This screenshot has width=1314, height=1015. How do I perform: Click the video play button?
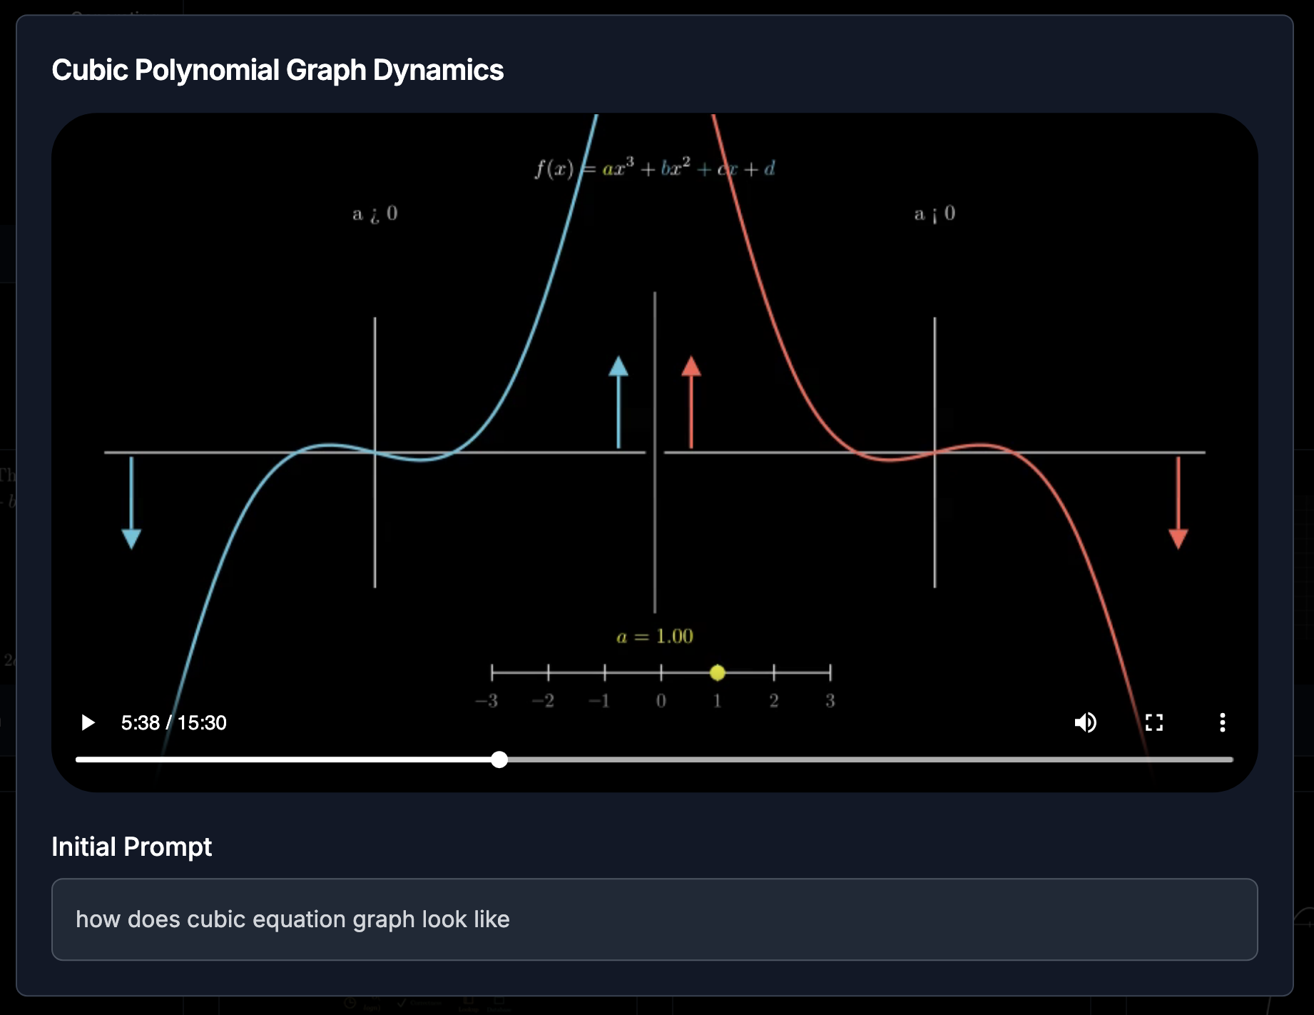(x=88, y=722)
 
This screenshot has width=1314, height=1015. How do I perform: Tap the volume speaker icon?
(x=1085, y=722)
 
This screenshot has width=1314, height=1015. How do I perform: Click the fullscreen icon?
(x=1153, y=722)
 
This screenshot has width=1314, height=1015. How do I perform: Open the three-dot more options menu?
(x=1222, y=722)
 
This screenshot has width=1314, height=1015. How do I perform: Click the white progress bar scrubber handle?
(x=499, y=759)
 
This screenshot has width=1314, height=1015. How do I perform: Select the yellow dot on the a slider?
(x=718, y=672)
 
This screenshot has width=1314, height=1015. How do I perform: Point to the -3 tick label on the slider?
(x=487, y=701)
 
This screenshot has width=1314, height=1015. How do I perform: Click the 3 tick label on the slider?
(x=830, y=701)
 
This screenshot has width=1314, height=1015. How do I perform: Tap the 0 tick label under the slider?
(x=661, y=701)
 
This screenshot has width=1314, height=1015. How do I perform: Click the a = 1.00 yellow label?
(x=655, y=636)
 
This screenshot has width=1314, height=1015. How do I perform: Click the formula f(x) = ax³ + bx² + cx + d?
(x=655, y=169)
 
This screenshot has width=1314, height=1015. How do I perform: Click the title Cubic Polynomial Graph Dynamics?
(x=277, y=70)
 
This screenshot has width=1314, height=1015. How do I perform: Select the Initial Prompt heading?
(x=131, y=847)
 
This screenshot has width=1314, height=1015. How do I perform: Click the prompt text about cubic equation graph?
(x=292, y=919)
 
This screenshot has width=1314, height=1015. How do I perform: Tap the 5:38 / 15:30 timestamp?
(x=173, y=722)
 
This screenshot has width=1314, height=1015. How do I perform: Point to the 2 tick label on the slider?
(x=774, y=701)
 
